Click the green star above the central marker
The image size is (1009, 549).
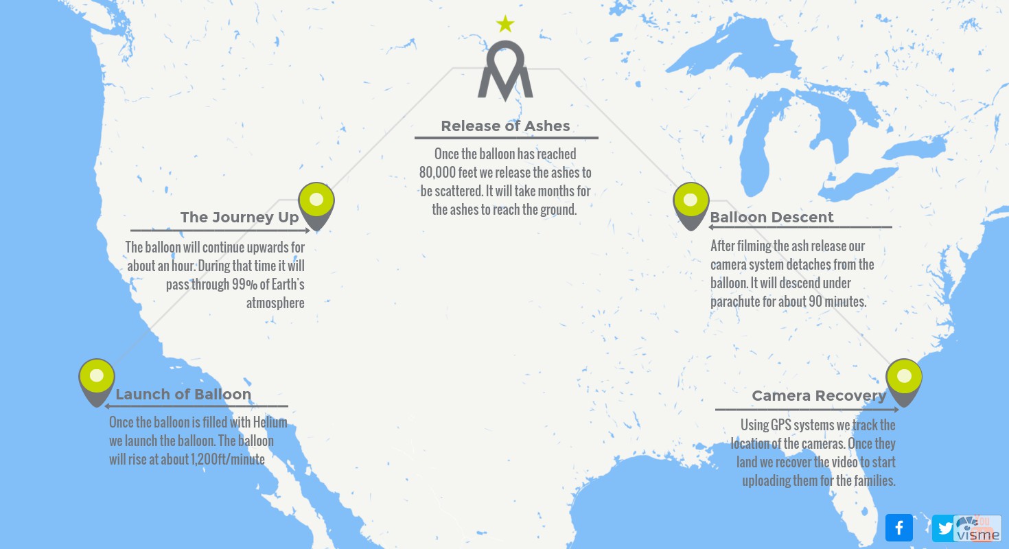click(x=505, y=25)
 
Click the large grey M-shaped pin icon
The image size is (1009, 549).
click(x=505, y=73)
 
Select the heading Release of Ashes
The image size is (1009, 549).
click(x=505, y=126)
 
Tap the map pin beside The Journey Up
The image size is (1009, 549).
click(x=316, y=203)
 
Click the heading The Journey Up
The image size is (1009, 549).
click(x=240, y=218)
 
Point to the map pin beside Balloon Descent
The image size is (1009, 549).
click(x=691, y=203)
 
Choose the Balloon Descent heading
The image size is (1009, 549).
click(x=772, y=218)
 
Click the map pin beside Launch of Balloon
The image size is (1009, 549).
click(x=97, y=379)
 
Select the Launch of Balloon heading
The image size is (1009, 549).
click(x=183, y=395)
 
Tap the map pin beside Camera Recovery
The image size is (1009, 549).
click(x=904, y=379)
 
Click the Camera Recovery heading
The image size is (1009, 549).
click(x=819, y=396)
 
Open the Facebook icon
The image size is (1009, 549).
click(x=899, y=528)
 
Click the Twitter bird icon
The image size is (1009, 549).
click(x=945, y=528)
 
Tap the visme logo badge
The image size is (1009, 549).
click(x=977, y=528)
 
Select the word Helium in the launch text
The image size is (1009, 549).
click(x=269, y=423)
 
